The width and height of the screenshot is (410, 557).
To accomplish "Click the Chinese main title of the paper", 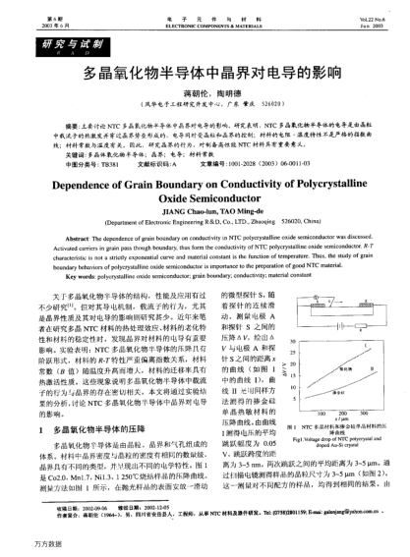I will click(205, 74).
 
